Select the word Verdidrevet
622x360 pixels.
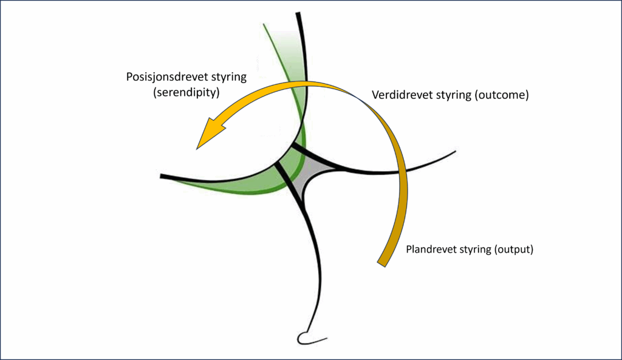[400, 96]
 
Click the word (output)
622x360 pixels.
[513, 249]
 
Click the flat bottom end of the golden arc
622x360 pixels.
[383, 263]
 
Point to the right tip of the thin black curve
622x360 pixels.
[454, 151]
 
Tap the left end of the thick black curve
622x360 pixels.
[162, 176]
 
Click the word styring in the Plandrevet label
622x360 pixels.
[476, 249]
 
